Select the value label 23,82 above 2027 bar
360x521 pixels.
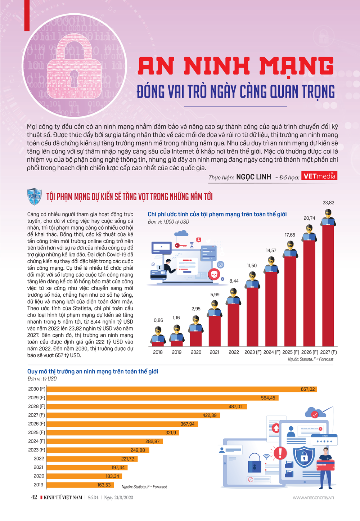coord(328,203)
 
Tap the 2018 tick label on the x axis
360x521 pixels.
coord(158,352)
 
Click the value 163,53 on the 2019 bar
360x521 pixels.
coord(104,485)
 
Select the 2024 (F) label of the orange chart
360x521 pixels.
coord(37,441)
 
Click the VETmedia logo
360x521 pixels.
coord(319,176)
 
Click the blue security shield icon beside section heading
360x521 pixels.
coord(35,197)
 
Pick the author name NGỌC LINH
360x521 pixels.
coord(253,177)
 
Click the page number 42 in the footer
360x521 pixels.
coord(34,498)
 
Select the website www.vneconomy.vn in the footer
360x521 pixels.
coord(313,498)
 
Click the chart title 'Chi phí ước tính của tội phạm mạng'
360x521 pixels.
coord(217,214)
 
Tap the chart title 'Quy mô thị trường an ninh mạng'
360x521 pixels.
coord(93,371)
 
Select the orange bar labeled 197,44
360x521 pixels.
coord(86,467)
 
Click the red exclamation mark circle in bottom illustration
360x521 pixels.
coord(280,453)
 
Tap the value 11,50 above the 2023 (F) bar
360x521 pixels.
coord(252,266)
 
